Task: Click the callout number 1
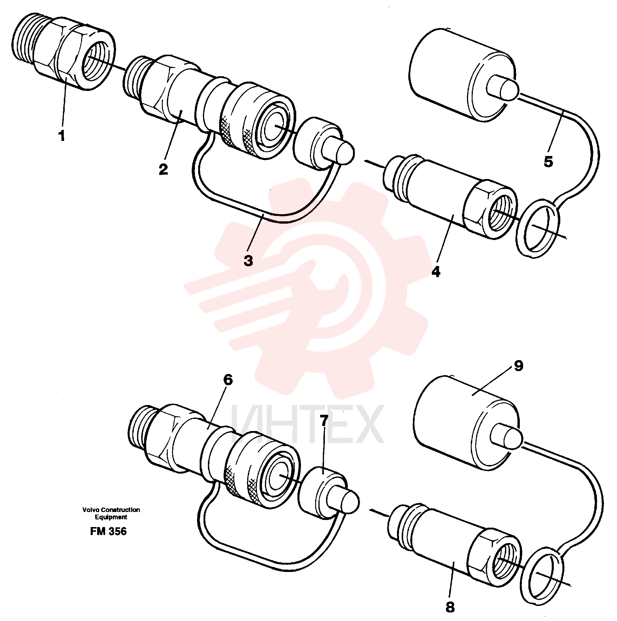[62, 136]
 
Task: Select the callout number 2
[163, 169]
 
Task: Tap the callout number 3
[248, 261]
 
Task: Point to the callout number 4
[436, 272]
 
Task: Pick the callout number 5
[548, 161]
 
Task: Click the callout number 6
[228, 380]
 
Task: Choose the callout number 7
[324, 421]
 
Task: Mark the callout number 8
[450, 607]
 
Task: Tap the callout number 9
[519, 365]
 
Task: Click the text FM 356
[108, 531]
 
